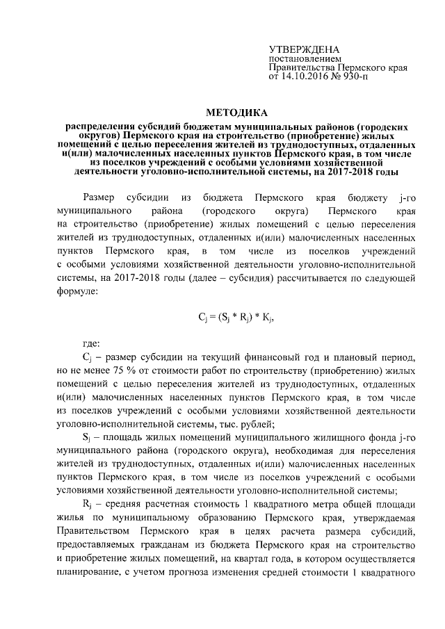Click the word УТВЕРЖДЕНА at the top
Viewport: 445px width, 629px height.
(x=304, y=49)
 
